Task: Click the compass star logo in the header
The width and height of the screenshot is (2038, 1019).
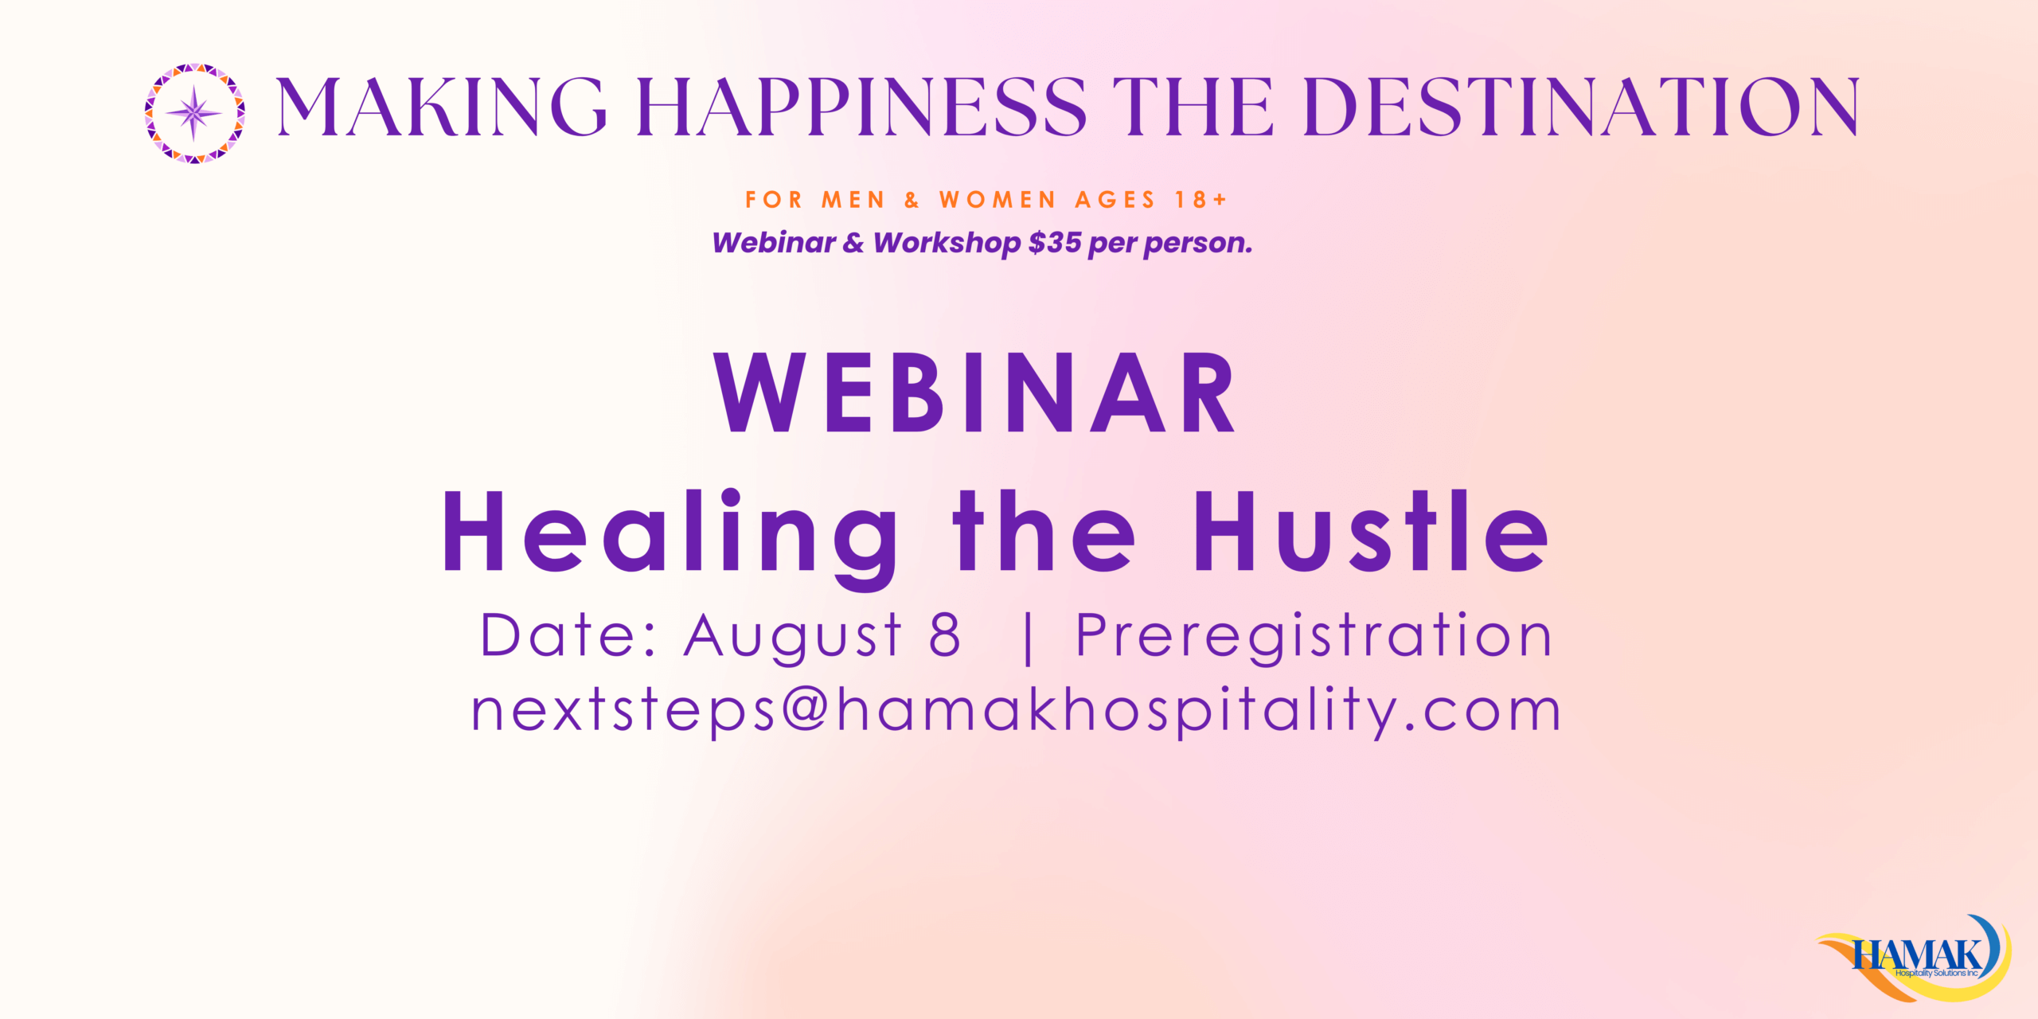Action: (x=194, y=113)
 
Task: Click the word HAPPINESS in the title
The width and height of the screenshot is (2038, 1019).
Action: (x=861, y=107)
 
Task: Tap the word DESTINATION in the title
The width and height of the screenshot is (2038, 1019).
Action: (x=1580, y=107)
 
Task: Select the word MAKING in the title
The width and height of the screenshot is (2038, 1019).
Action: (x=441, y=107)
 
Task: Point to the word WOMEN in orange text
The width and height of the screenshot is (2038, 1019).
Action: (x=998, y=200)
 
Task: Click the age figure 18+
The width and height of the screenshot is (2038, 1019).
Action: (x=1201, y=200)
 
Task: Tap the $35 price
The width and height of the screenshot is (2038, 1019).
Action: (x=1054, y=242)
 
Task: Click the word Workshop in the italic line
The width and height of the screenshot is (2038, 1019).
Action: (x=947, y=243)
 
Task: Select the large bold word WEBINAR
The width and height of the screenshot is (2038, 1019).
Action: (x=974, y=392)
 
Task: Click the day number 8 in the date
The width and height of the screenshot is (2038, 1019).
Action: (x=945, y=635)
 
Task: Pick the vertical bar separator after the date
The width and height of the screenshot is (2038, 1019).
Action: (x=1029, y=638)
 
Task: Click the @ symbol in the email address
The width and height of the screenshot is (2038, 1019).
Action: (x=805, y=709)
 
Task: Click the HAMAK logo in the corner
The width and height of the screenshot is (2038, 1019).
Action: (x=1915, y=958)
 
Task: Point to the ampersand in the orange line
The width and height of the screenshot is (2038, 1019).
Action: (x=912, y=200)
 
